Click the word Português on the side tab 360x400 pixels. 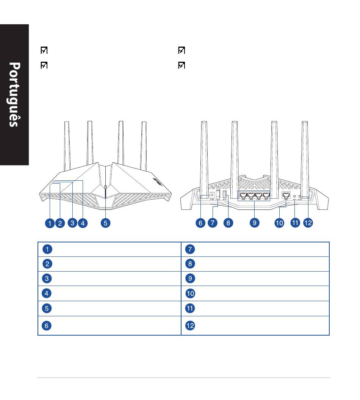tap(14, 95)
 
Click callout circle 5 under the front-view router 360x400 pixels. tap(106, 223)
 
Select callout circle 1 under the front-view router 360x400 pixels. tap(50, 223)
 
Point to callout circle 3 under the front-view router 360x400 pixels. tap(72, 223)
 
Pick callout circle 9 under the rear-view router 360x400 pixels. tap(255, 223)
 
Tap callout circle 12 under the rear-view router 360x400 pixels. tap(308, 223)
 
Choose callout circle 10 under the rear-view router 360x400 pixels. tap(279, 223)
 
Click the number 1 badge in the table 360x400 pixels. tap(47, 249)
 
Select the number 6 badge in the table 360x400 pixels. tap(47, 325)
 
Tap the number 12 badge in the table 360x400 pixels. tap(190, 325)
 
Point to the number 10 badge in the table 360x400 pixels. tap(190, 294)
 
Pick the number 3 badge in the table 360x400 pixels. tap(47, 279)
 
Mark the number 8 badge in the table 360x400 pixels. tap(190, 264)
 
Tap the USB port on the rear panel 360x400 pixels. tap(224, 195)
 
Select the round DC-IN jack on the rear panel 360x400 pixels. tap(212, 195)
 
